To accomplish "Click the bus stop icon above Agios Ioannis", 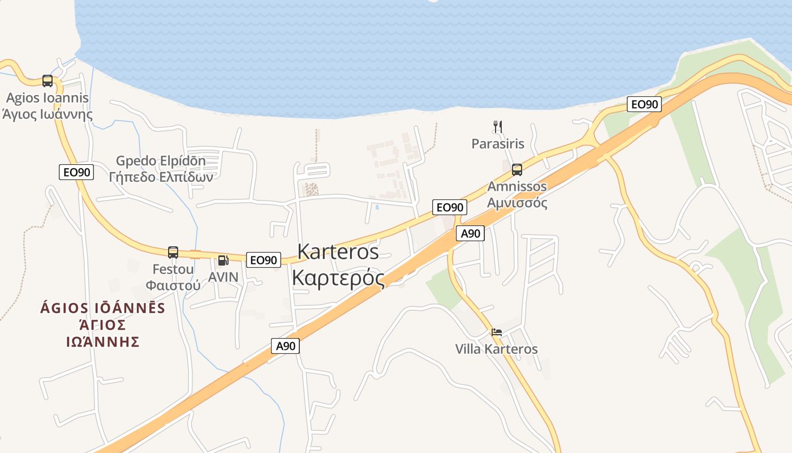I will (48, 81).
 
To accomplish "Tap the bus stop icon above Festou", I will (173, 253).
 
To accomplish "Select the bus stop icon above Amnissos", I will (517, 169).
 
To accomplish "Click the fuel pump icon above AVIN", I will (223, 260).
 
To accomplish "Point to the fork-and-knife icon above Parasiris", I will (498, 127).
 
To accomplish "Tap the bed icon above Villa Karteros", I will (496, 332).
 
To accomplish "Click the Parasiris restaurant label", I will (498, 144).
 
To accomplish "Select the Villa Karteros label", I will (496, 349).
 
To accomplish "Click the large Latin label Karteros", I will (338, 251).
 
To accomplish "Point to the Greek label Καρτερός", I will (338, 278).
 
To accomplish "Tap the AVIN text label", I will (223, 277).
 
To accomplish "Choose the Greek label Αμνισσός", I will (517, 203).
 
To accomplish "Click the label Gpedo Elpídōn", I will (161, 161).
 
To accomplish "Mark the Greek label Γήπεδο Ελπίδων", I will (161, 177).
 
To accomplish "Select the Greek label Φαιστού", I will (173, 285).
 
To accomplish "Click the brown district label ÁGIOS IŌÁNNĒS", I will (102, 308).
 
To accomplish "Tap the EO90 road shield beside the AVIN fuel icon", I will (264, 260).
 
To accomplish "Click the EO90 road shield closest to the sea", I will (644, 104).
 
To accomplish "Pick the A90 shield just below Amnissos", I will (470, 233).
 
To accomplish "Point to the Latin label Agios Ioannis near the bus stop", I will (48, 98).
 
